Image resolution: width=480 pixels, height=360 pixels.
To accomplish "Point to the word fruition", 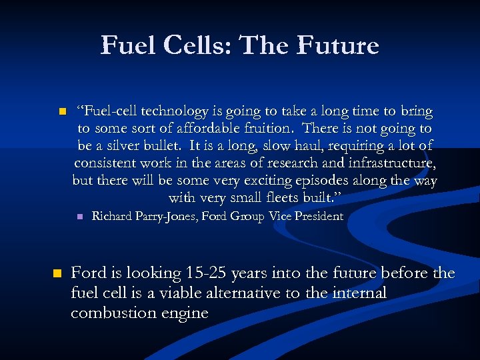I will [x=264, y=129].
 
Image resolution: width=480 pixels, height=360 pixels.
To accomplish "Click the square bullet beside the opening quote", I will [x=61, y=111].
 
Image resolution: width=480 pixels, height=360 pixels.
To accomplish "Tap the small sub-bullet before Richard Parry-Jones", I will [x=79, y=217].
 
